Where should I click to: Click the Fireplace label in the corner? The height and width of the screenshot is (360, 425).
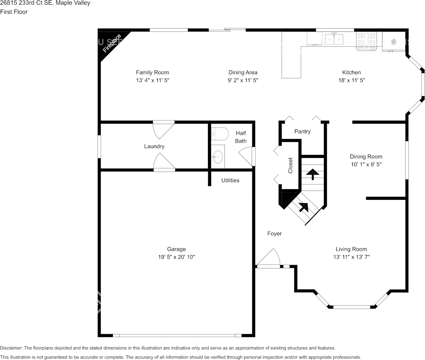tap(112, 43)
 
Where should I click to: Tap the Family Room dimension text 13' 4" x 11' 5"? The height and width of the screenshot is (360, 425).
tap(152, 80)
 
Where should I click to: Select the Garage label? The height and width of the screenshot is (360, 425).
tap(177, 249)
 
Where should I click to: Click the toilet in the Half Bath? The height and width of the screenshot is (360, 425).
tap(219, 134)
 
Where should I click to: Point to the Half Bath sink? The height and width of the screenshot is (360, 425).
tap(217, 156)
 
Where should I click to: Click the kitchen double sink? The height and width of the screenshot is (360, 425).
tap(334, 38)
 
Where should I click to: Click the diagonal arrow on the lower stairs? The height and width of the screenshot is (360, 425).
tap(303, 207)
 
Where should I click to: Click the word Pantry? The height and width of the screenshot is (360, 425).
tap(303, 132)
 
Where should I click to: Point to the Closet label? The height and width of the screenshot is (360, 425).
tap(290, 166)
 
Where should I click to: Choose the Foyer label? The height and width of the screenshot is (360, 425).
tap(274, 234)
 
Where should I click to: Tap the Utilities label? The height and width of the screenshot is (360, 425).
tap(230, 180)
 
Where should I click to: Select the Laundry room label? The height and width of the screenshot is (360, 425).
tap(154, 147)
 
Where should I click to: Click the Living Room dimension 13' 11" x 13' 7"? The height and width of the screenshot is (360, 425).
tap(351, 257)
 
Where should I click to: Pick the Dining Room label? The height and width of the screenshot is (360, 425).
tap(366, 157)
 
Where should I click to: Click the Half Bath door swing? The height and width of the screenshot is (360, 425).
tap(246, 156)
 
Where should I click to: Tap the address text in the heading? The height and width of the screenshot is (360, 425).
tap(45, 3)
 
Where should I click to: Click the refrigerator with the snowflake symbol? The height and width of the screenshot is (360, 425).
tap(394, 41)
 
